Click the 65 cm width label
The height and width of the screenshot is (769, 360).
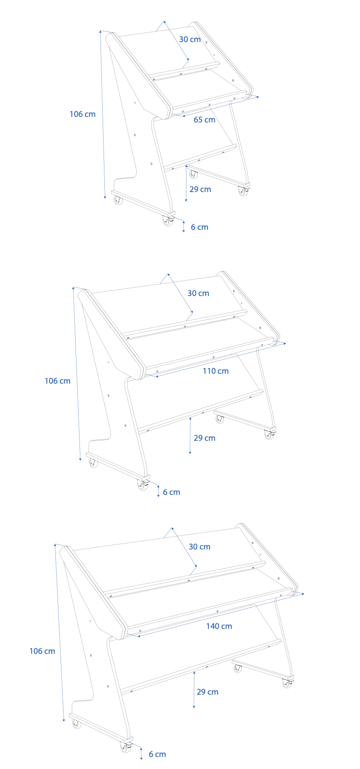pyautogui.click(x=204, y=120)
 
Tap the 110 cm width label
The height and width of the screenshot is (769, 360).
pyautogui.click(x=216, y=371)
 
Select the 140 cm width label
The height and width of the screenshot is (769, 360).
pyautogui.click(x=219, y=626)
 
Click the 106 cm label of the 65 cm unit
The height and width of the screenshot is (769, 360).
pyautogui.click(x=82, y=114)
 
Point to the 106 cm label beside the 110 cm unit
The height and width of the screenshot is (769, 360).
pyautogui.click(x=58, y=381)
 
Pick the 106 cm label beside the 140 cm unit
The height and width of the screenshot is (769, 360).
pyautogui.click(x=42, y=651)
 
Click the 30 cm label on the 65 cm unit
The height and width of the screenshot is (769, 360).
pyautogui.click(x=190, y=40)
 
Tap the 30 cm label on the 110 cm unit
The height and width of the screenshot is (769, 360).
pyautogui.click(x=198, y=293)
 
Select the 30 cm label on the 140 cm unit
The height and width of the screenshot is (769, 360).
pyautogui.click(x=199, y=547)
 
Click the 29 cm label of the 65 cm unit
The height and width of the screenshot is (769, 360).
pyautogui.click(x=200, y=189)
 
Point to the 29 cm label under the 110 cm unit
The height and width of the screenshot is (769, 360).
pyautogui.click(x=204, y=438)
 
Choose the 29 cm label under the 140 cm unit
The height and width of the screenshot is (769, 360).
pyautogui.click(x=207, y=692)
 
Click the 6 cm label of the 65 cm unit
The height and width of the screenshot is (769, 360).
pyautogui.click(x=199, y=227)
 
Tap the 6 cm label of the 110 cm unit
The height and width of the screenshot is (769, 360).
pyautogui.click(x=171, y=492)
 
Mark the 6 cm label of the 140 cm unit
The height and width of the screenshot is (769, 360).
pyautogui.click(x=157, y=754)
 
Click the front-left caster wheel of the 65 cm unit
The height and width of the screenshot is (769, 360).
pyautogui.click(x=118, y=200)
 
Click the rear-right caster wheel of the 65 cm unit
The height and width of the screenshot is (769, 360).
pyautogui.click(x=243, y=191)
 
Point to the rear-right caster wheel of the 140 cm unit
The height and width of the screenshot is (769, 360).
pyautogui.click(x=287, y=683)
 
